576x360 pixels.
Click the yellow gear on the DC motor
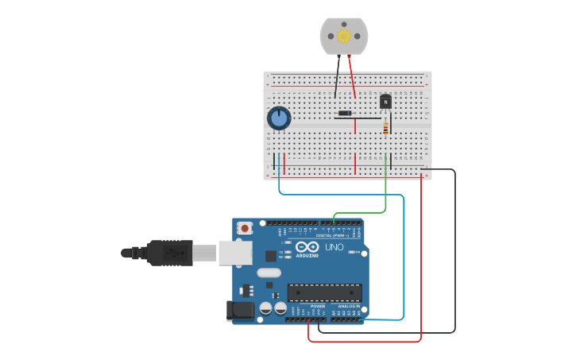344,36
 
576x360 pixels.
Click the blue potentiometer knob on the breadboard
278,119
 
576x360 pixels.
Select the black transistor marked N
386,101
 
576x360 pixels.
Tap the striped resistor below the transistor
386,127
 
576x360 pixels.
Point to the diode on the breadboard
345,114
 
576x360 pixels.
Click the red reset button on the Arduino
245,228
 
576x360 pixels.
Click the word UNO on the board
333,246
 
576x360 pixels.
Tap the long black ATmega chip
324,292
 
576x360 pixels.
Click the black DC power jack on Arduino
240,310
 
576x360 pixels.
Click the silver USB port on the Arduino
235,253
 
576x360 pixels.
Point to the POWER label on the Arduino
317,306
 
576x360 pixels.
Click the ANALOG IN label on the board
348,306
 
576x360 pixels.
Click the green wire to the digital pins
385,195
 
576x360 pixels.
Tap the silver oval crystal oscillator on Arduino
269,273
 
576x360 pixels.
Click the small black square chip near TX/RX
271,256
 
